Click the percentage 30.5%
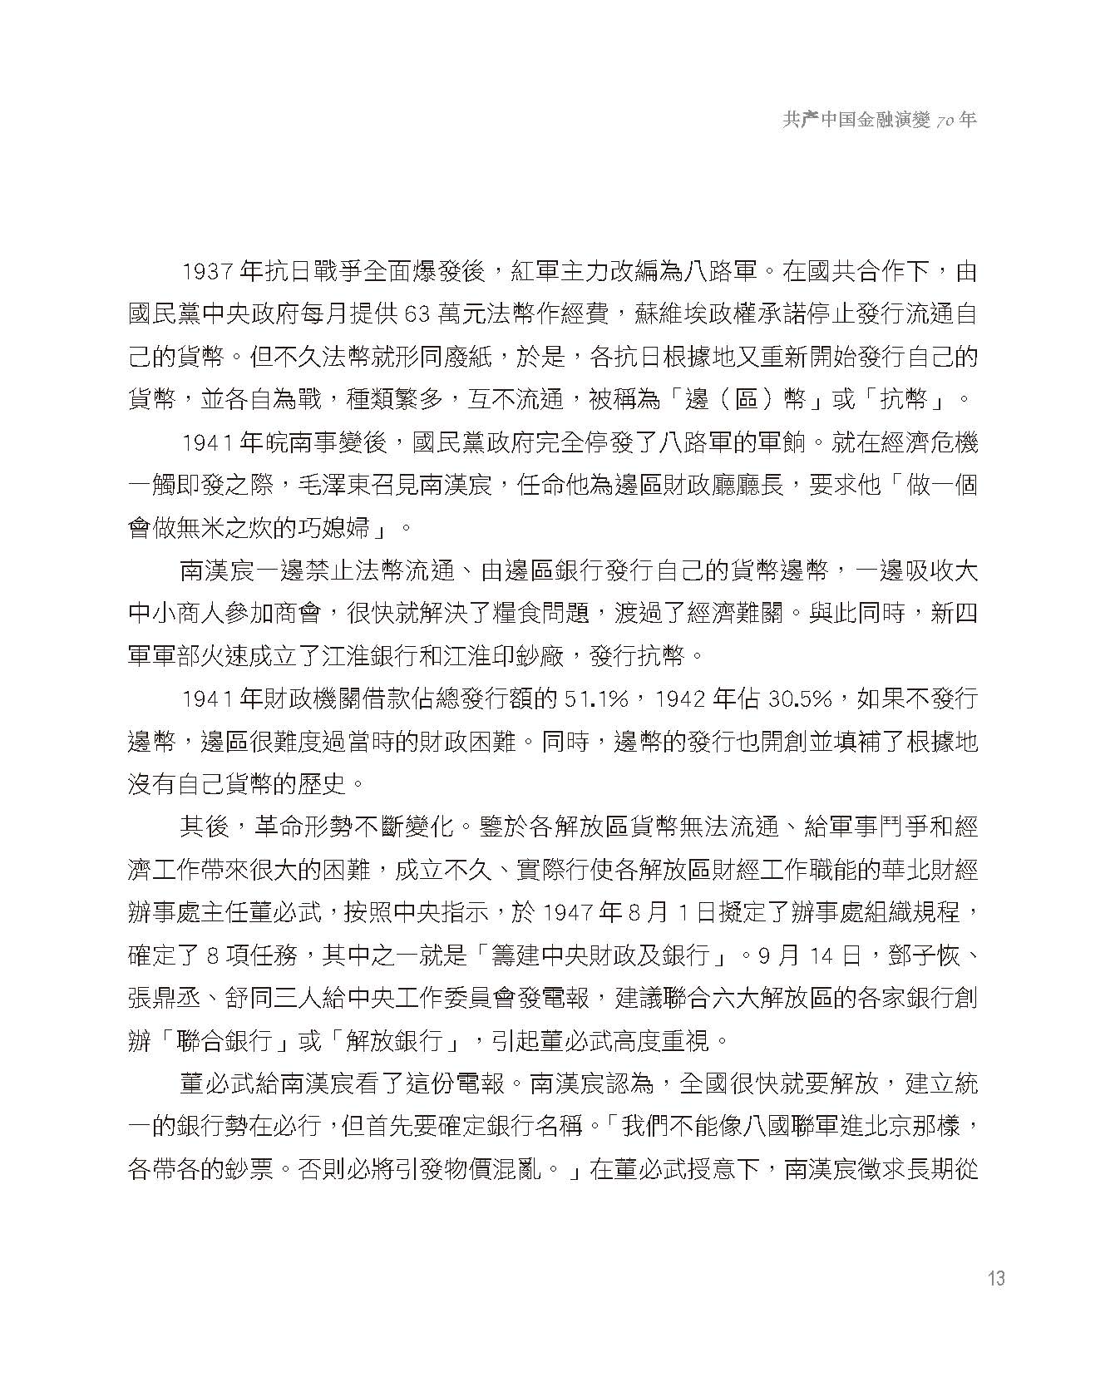point(800,698)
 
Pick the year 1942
point(682,698)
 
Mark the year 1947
point(568,912)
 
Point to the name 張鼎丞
point(165,998)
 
